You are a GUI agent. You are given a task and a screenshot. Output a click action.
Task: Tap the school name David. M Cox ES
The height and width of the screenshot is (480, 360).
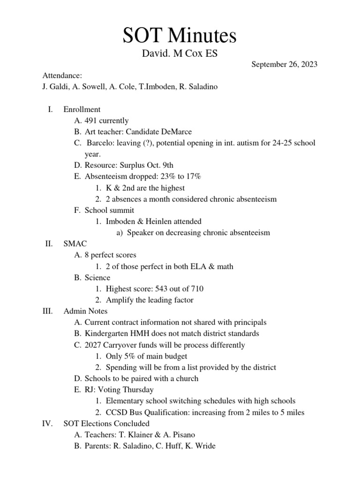click(180, 54)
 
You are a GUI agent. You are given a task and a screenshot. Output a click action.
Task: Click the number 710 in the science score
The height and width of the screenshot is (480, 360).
click(195, 289)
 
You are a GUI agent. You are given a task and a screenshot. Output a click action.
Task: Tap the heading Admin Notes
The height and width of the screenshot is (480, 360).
click(85, 311)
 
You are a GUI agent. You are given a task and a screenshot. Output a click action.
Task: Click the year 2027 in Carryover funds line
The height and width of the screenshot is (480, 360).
click(94, 345)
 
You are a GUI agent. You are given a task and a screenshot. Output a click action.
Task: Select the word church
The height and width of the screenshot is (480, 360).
click(187, 378)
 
